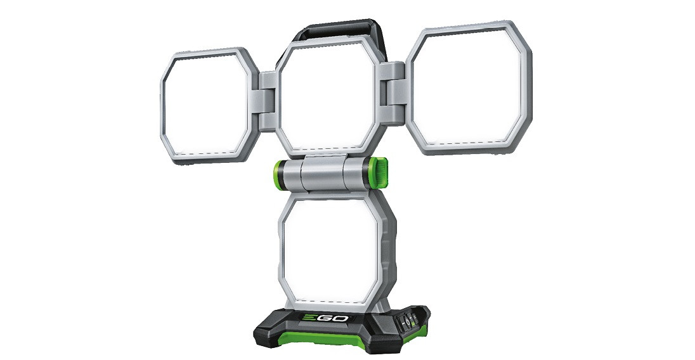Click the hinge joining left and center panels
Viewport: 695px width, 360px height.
[x=268, y=100]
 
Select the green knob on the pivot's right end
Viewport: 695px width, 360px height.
[x=380, y=173]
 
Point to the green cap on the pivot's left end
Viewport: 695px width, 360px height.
[x=279, y=174]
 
